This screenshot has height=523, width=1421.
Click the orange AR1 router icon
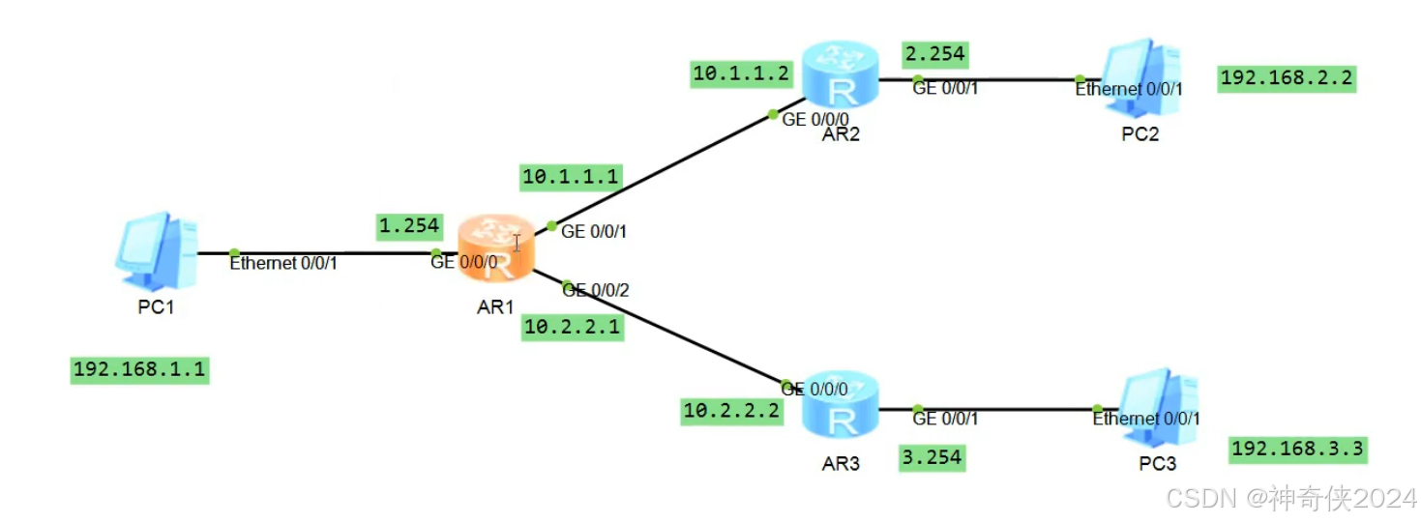coord(495,247)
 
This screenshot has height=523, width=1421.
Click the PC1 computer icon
coord(155,252)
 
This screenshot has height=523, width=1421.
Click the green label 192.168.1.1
coord(140,370)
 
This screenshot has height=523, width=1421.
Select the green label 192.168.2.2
coord(1287,78)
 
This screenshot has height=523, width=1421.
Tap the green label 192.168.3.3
coord(1297,449)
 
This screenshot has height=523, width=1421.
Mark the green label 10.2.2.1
coord(571,327)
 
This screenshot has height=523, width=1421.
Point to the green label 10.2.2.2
coord(731,411)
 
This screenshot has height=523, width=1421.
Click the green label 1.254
coord(409,226)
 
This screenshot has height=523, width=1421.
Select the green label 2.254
coord(933,54)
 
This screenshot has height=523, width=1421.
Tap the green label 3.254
coord(932,456)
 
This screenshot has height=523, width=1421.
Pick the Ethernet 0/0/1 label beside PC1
coord(283,262)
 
